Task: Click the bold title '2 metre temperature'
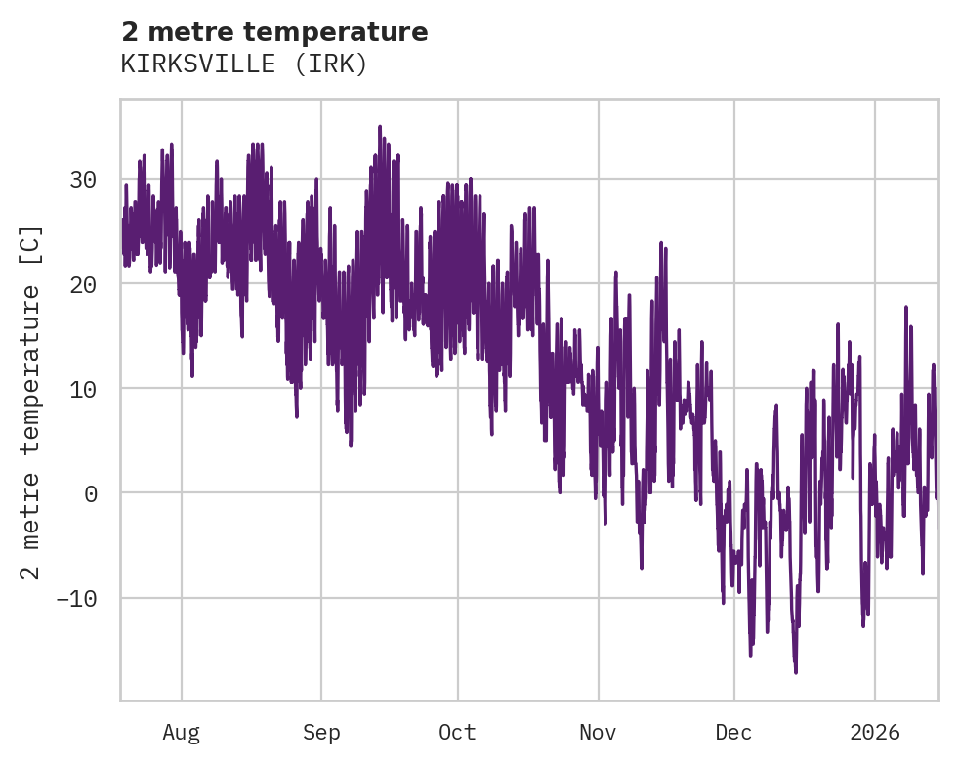pyautogui.click(x=274, y=32)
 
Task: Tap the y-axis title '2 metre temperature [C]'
pyautogui.click(x=32, y=402)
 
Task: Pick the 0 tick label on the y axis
pyautogui.click(x=90, y=493)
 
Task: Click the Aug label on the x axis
pyautogui.click(x=181, y=733)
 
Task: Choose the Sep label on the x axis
pyautogui.click(x=321, y=733)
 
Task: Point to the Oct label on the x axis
pyautogui.click(x=457, y=733)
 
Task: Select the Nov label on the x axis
pyautogui.click(x=598, y=733)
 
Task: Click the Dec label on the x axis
pyautogui.click(x=733, y=733)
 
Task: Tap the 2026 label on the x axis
pyautogui.click(x=875, y=733)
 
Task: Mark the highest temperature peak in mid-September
pyautogui.click(x=380, y=127)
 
